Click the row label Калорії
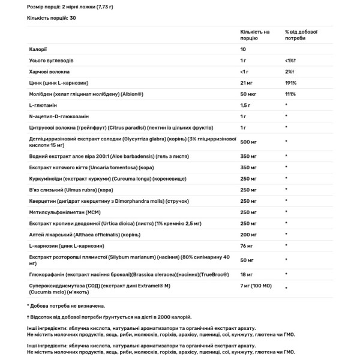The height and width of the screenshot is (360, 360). click(x=37, y=49)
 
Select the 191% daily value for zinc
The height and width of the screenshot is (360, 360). click(x=291, y=82)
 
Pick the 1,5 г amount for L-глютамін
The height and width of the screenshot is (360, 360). click(x=246, y=104)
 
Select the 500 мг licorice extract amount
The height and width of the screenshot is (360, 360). click(x=248, y=142)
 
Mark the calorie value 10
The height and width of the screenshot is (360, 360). click(x=243, y=49)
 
